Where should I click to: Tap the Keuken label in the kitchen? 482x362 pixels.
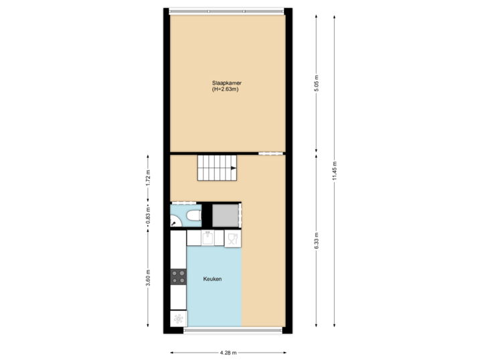(214, 279)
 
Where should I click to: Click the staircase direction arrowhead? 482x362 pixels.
(233, 170)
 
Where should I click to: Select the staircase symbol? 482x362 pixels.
(217, 167)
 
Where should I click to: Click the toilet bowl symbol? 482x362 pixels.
(193, 216)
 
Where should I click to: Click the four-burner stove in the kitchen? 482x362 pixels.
(178, 275)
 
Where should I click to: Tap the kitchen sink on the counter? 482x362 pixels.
(208, 238)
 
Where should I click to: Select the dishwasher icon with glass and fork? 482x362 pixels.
(232, 238)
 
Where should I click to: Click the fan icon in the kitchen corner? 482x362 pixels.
(178, 319)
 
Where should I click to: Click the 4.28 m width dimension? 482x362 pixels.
(227, 352)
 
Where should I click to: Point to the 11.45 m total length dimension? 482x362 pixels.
(335, 171)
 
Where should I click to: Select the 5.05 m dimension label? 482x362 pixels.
(317, 84)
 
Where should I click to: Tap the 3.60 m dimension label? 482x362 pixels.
(149, 278)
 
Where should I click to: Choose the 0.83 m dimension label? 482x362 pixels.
(149, 216)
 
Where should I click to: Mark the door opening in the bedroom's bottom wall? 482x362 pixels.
(269, 154)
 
